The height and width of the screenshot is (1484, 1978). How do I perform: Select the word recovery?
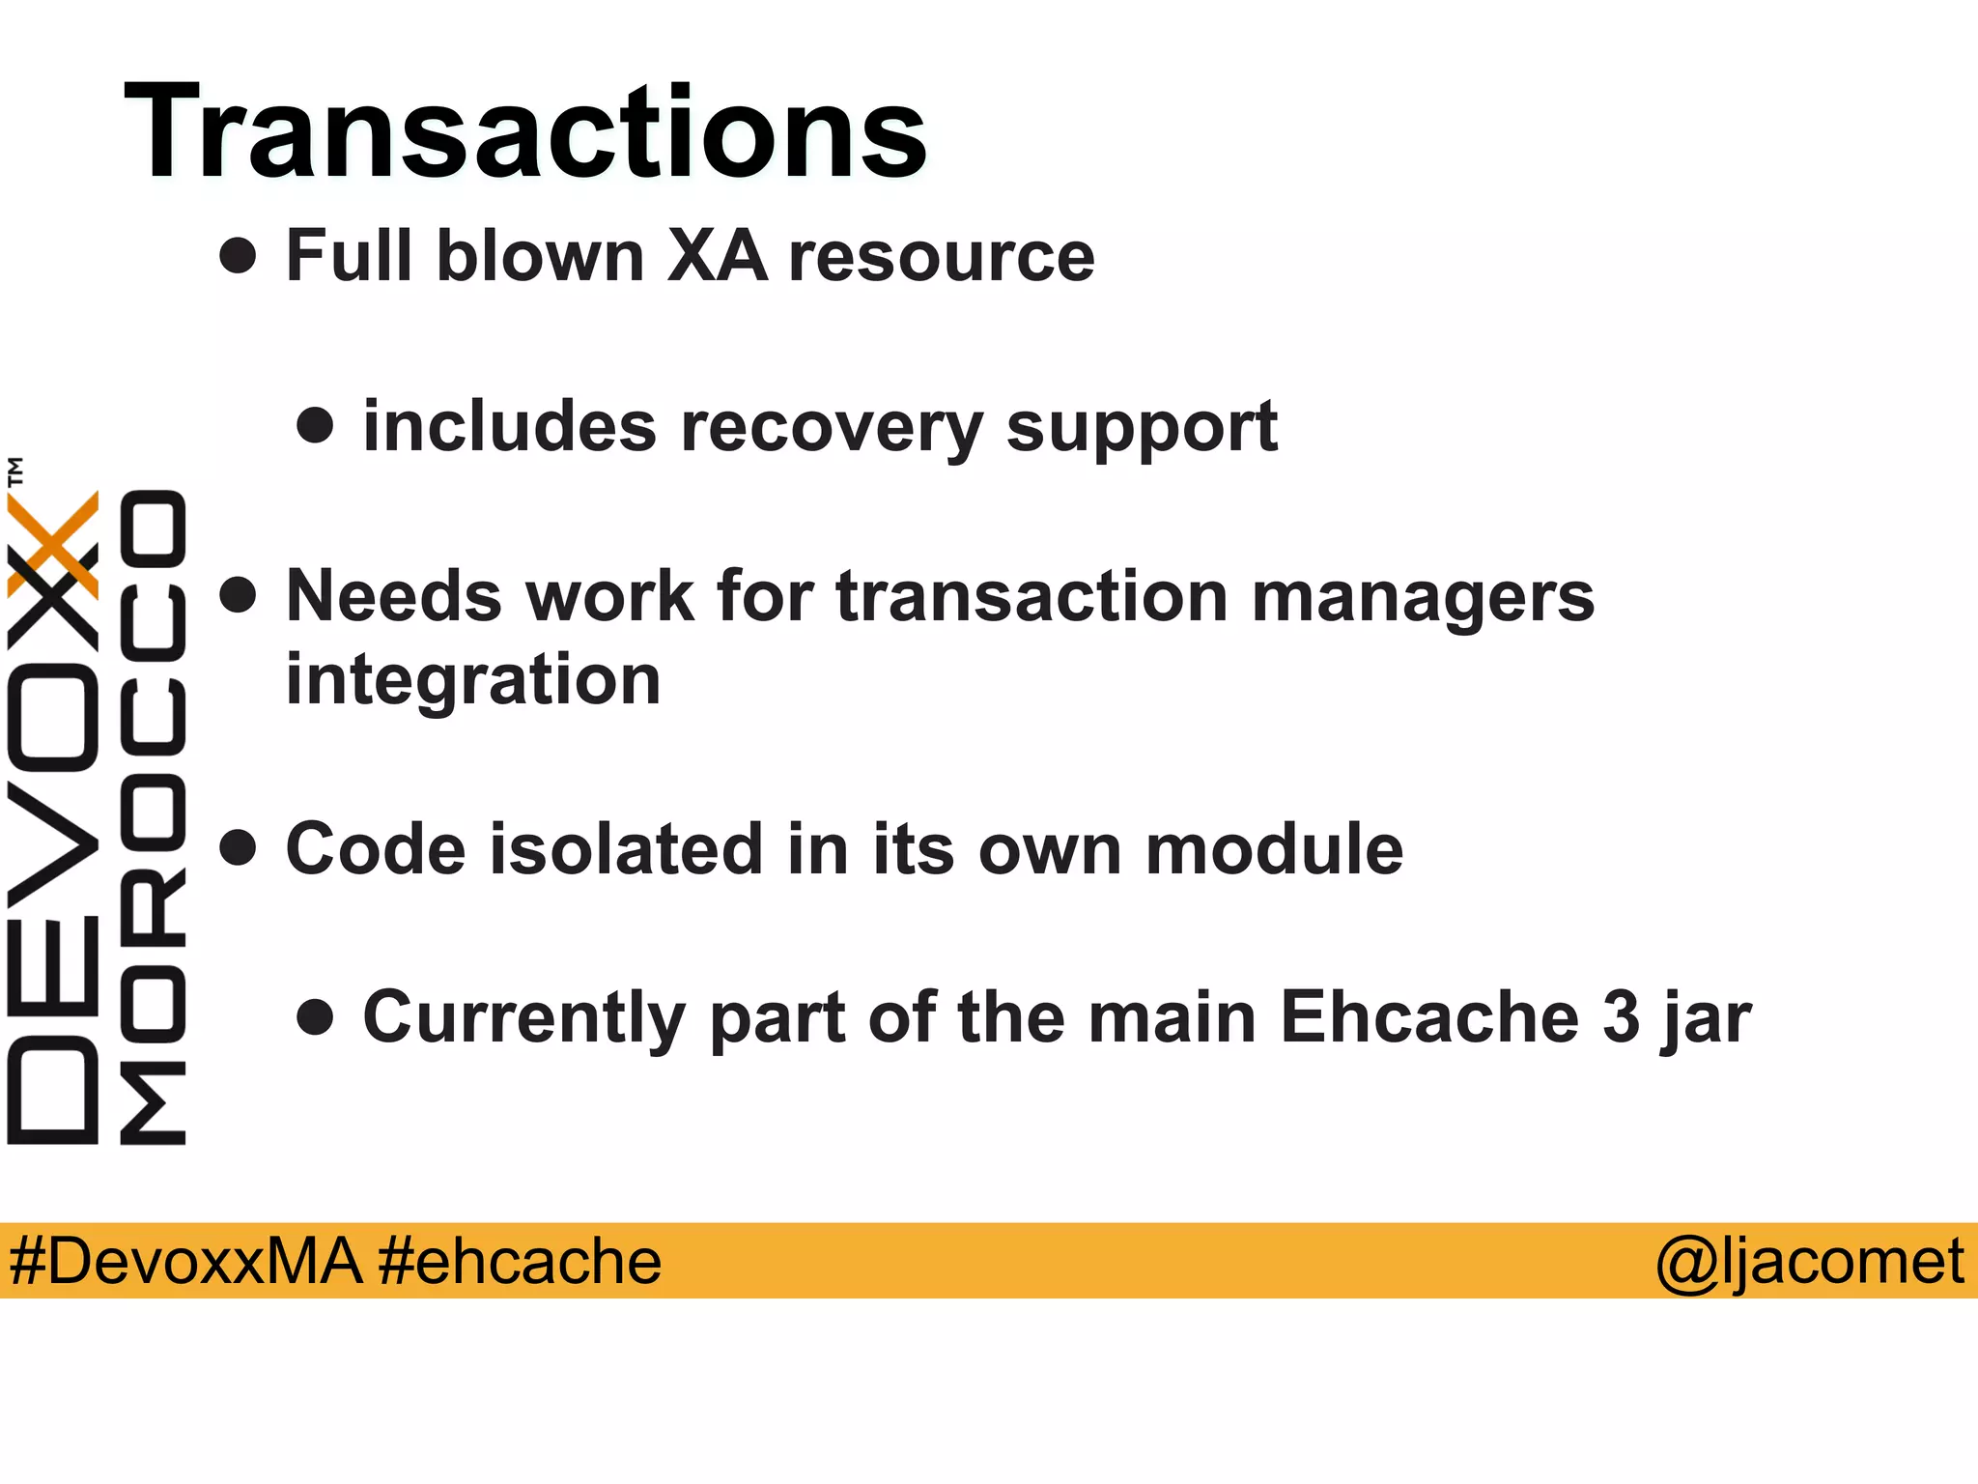832,427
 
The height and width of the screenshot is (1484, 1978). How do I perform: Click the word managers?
1423,597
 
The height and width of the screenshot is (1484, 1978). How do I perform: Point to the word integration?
473,679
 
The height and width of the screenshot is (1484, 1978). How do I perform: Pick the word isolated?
627,849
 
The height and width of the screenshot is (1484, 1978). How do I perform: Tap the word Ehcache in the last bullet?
1429,1016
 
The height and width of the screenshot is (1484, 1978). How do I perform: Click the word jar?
1707,1018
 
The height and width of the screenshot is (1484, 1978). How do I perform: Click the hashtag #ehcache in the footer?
520,1261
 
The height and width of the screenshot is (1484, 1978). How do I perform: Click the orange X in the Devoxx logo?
53,543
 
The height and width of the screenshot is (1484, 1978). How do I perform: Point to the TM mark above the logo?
15,471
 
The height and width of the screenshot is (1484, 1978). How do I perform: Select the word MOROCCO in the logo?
153,816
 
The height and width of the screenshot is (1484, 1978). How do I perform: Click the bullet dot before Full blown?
238,256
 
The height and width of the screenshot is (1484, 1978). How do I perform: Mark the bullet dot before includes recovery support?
315,425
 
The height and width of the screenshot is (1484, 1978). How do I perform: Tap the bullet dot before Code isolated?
238,847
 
